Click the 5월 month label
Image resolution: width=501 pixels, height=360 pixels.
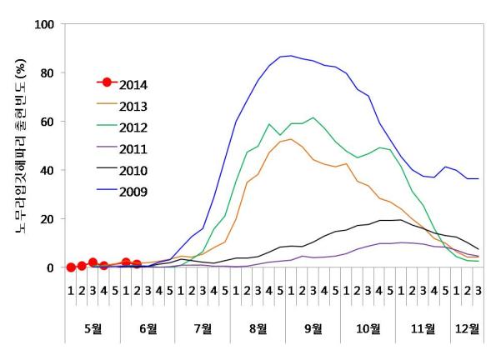(93, 327)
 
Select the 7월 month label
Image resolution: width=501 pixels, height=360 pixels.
(203, 327)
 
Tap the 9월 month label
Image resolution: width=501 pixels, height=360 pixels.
(313, 327)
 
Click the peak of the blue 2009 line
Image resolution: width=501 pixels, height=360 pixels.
(290, 56)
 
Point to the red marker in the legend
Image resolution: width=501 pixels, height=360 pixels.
(105, 84)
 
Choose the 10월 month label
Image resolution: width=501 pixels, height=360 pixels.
(368, 327)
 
